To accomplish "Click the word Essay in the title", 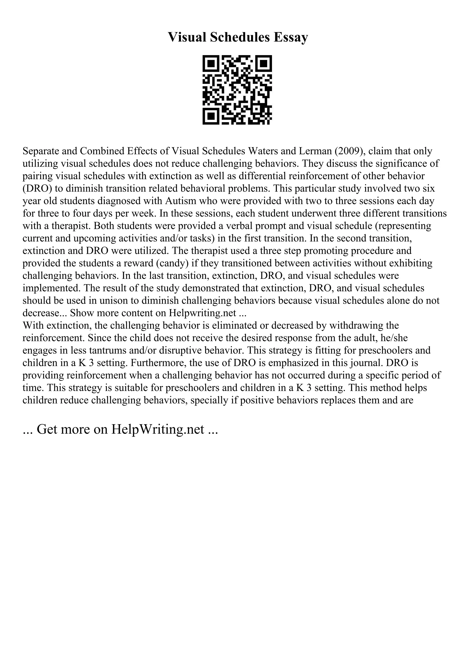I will coord(291,37).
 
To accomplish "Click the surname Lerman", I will coord(314,151).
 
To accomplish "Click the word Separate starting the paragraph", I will coord(41,151).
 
